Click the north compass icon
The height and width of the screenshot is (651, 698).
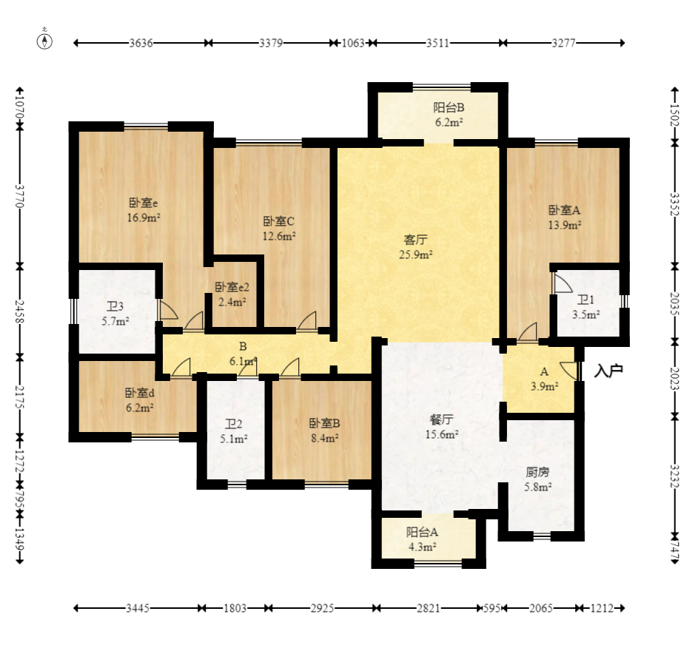coord(44,40)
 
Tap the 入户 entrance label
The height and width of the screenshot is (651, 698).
coord(608,371)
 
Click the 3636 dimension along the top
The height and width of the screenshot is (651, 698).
coord(141,43)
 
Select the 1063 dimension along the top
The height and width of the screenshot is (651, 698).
coord(353,43)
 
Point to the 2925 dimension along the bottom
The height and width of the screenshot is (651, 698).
coord(322,608)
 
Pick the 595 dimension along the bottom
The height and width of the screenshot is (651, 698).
coord(492,608)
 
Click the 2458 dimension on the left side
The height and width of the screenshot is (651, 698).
coord(19,311)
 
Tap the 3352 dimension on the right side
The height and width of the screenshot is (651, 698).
coord(675,204)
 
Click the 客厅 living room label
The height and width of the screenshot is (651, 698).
coord(415,240)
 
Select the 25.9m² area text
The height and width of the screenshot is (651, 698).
coord(416,255)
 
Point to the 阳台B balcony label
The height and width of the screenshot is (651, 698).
coord(449,108)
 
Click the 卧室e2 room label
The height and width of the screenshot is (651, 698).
coord(232,288)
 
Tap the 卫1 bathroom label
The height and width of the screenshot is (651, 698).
coord(585,300)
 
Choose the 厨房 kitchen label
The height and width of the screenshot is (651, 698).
coord(537,472)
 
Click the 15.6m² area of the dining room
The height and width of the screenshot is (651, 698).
coord(442,434)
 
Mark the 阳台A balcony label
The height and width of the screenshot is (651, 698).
coord(422,532)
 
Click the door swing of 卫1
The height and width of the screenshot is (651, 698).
coord(563,283)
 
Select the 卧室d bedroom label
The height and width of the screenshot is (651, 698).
coord(139,394)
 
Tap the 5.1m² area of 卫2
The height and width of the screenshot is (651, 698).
coord(234,439)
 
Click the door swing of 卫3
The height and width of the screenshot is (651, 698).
coord(168,311)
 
